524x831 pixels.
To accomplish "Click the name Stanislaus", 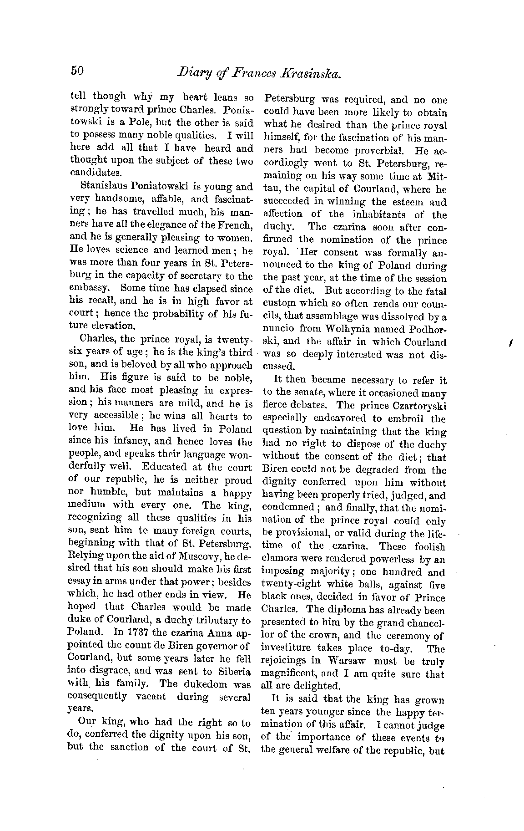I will point(102,186).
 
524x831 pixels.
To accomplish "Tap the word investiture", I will point(286,648).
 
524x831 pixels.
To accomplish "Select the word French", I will point(236,224).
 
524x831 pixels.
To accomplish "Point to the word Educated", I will point(165,467).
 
